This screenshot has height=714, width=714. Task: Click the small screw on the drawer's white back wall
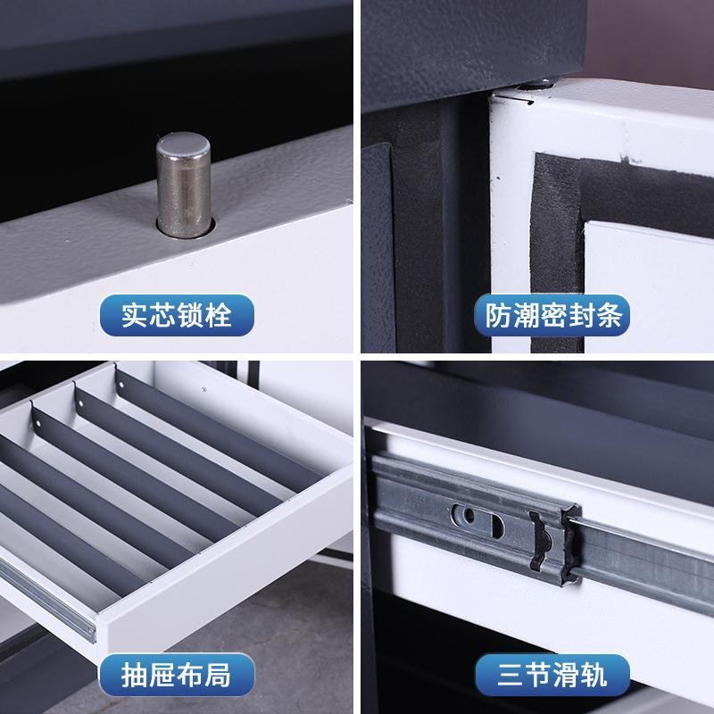pos(204,389)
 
